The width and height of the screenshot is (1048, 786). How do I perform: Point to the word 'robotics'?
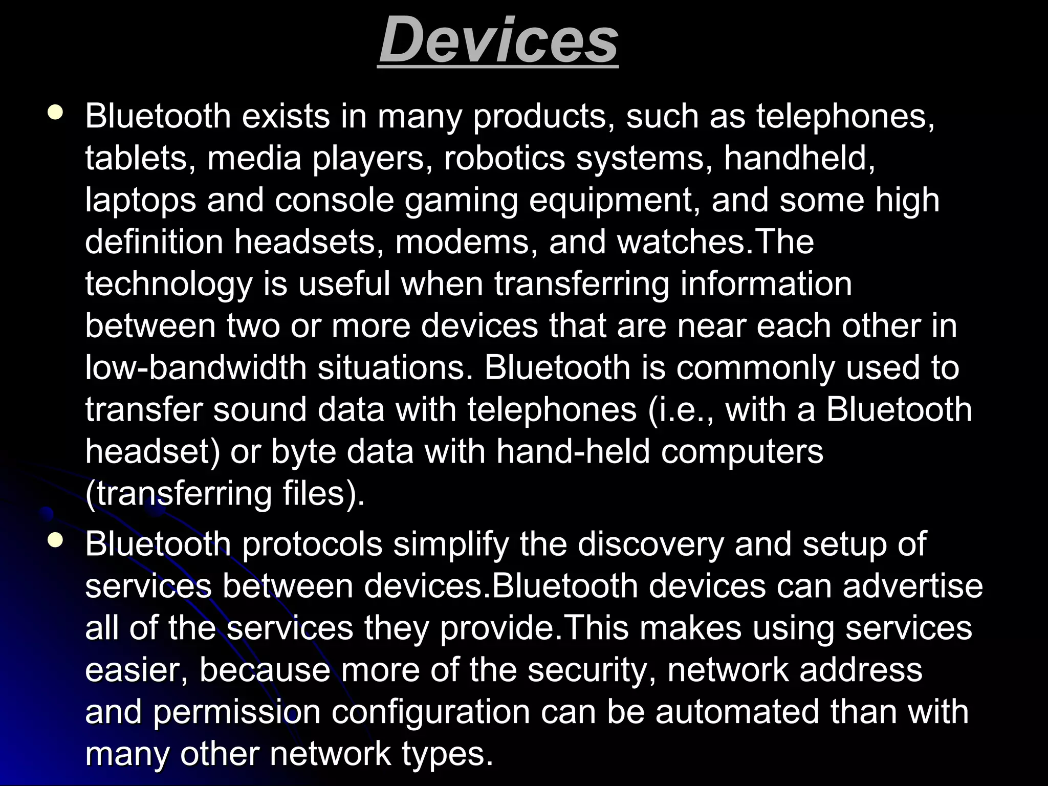coord(504,158)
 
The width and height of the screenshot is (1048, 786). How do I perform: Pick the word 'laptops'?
coord(140,200)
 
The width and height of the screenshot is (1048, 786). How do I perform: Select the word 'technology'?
coord(168,285)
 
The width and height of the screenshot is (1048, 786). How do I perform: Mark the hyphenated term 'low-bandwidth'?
coord(195,368)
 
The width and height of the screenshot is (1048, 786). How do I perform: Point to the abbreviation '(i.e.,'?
coord(681,410)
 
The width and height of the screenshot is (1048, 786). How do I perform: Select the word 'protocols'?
coord(312,544)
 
